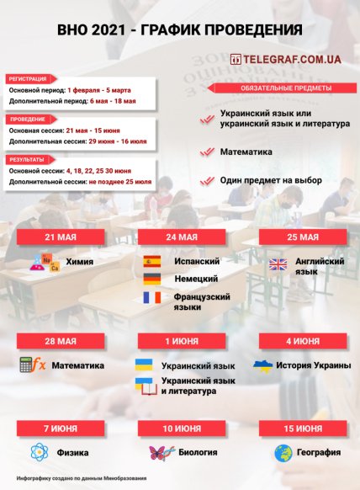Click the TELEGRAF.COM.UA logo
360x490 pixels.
pos(285,60)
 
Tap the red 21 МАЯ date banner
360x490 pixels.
pos(61,237)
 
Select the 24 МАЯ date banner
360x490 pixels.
pos(181,237)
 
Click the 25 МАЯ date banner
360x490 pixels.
pos(303,237)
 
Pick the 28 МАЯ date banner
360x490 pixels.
pos(61,341)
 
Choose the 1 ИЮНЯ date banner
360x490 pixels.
pos(181,341)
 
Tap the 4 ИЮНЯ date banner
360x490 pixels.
pos(303,341)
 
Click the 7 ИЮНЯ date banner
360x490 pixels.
pos(61,429)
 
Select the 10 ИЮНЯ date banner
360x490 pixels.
pos(181,429)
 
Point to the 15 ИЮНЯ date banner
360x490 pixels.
pos(303,429)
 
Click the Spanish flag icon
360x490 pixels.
pos(152,261)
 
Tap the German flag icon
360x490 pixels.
pos(152,280)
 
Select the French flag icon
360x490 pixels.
pos(152,298)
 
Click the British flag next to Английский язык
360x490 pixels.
pos(278,264)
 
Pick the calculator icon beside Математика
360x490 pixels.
pos(32,365)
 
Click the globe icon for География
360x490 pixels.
pos(283,453)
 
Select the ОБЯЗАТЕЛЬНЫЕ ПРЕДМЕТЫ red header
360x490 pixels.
pos(274,88)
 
